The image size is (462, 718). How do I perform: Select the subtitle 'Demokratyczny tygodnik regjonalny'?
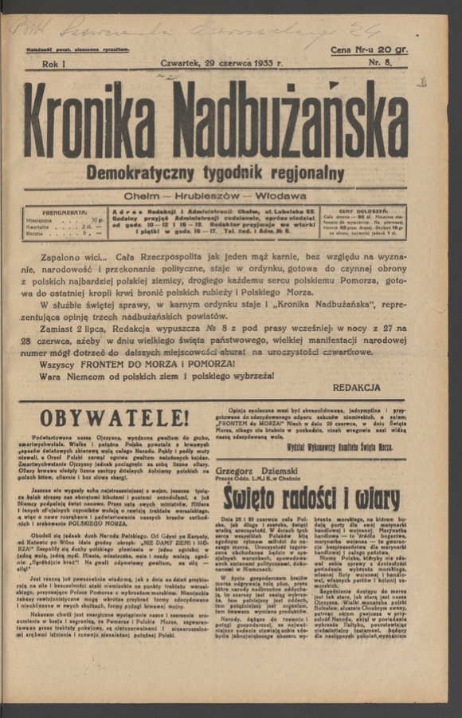pos(215,173)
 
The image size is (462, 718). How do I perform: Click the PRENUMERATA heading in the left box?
pos(65,212)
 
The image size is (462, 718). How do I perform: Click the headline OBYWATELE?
pos(114,417)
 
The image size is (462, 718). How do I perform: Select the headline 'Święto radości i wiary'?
pos(311,499)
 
